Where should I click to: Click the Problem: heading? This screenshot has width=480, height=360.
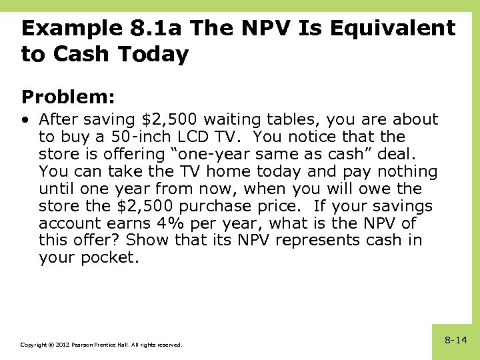point(69,97)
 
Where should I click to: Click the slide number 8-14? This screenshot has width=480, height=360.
point(456,340)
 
